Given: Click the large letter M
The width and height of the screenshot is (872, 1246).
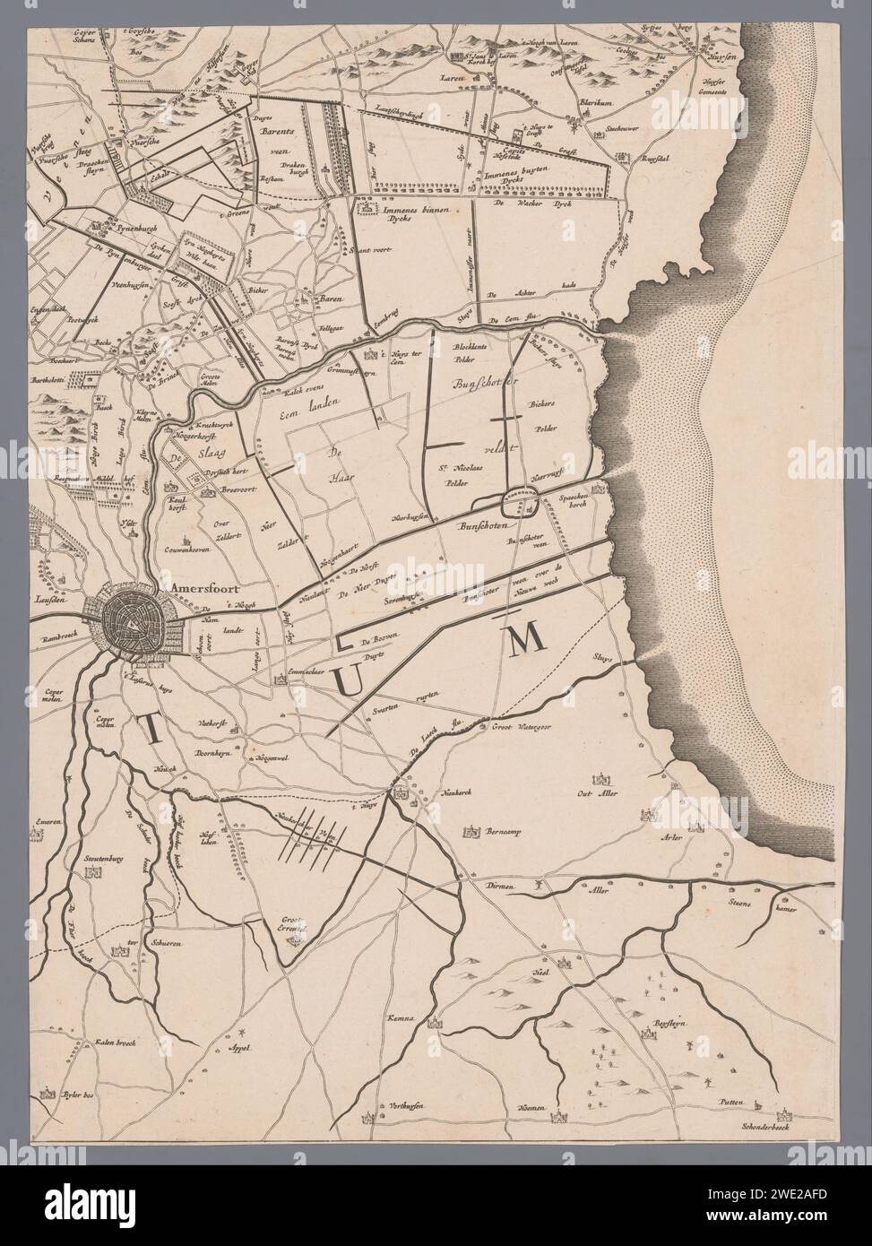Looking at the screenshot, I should pyautogui.click(x=527, y=639).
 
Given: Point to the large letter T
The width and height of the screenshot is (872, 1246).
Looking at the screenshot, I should pyautogui.click(x=152, y=734).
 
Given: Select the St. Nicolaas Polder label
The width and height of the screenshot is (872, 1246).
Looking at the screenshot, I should pyautogui.click(x=455, y=474).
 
